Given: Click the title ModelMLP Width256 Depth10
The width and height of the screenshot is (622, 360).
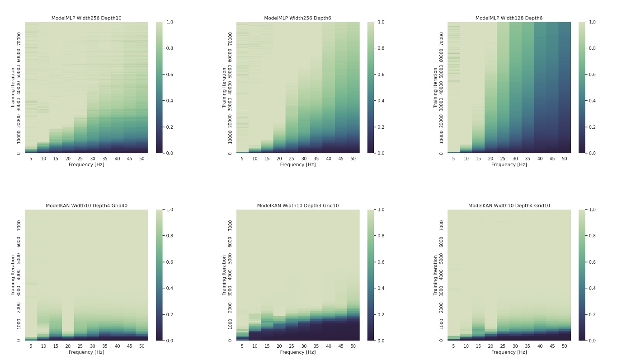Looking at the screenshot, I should (x=86, y=18).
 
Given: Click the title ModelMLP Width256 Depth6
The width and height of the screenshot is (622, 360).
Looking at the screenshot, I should (x=297, y=18).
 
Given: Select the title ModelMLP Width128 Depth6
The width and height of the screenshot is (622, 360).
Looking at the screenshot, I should (x=509, y=18).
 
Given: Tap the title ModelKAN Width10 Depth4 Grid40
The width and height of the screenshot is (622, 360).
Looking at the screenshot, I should (x=86, y=206).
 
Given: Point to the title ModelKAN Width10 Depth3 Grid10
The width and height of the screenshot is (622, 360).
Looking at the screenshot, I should (x=297, y=206).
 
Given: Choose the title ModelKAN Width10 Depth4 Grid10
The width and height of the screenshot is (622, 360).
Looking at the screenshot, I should (x=509, y=206).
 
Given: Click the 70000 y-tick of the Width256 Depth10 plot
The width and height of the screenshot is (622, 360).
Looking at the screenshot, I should (x=19, y=37).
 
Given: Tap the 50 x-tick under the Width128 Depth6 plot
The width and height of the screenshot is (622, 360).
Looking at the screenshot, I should (x=564, y=159).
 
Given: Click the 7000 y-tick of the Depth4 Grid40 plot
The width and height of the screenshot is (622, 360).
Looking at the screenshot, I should (x=19, y=225).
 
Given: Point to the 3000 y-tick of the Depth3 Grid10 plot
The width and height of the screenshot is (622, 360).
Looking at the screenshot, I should (x=230, y=291).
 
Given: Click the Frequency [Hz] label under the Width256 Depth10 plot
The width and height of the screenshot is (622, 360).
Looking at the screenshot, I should (x=86, y=165).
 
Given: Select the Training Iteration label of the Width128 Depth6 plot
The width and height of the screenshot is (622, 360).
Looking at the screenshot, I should (x=436, y=88).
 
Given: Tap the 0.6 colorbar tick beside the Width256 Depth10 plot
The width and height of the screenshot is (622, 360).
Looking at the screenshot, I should (x=171, y=75).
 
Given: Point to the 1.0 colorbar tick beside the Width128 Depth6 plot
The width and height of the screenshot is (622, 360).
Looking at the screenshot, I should (x=593, y=22).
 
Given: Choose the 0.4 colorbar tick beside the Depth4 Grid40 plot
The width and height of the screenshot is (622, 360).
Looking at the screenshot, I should (x=171, y=288).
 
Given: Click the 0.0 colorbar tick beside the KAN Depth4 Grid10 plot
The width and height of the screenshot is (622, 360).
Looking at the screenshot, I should (x=593, y=341).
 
